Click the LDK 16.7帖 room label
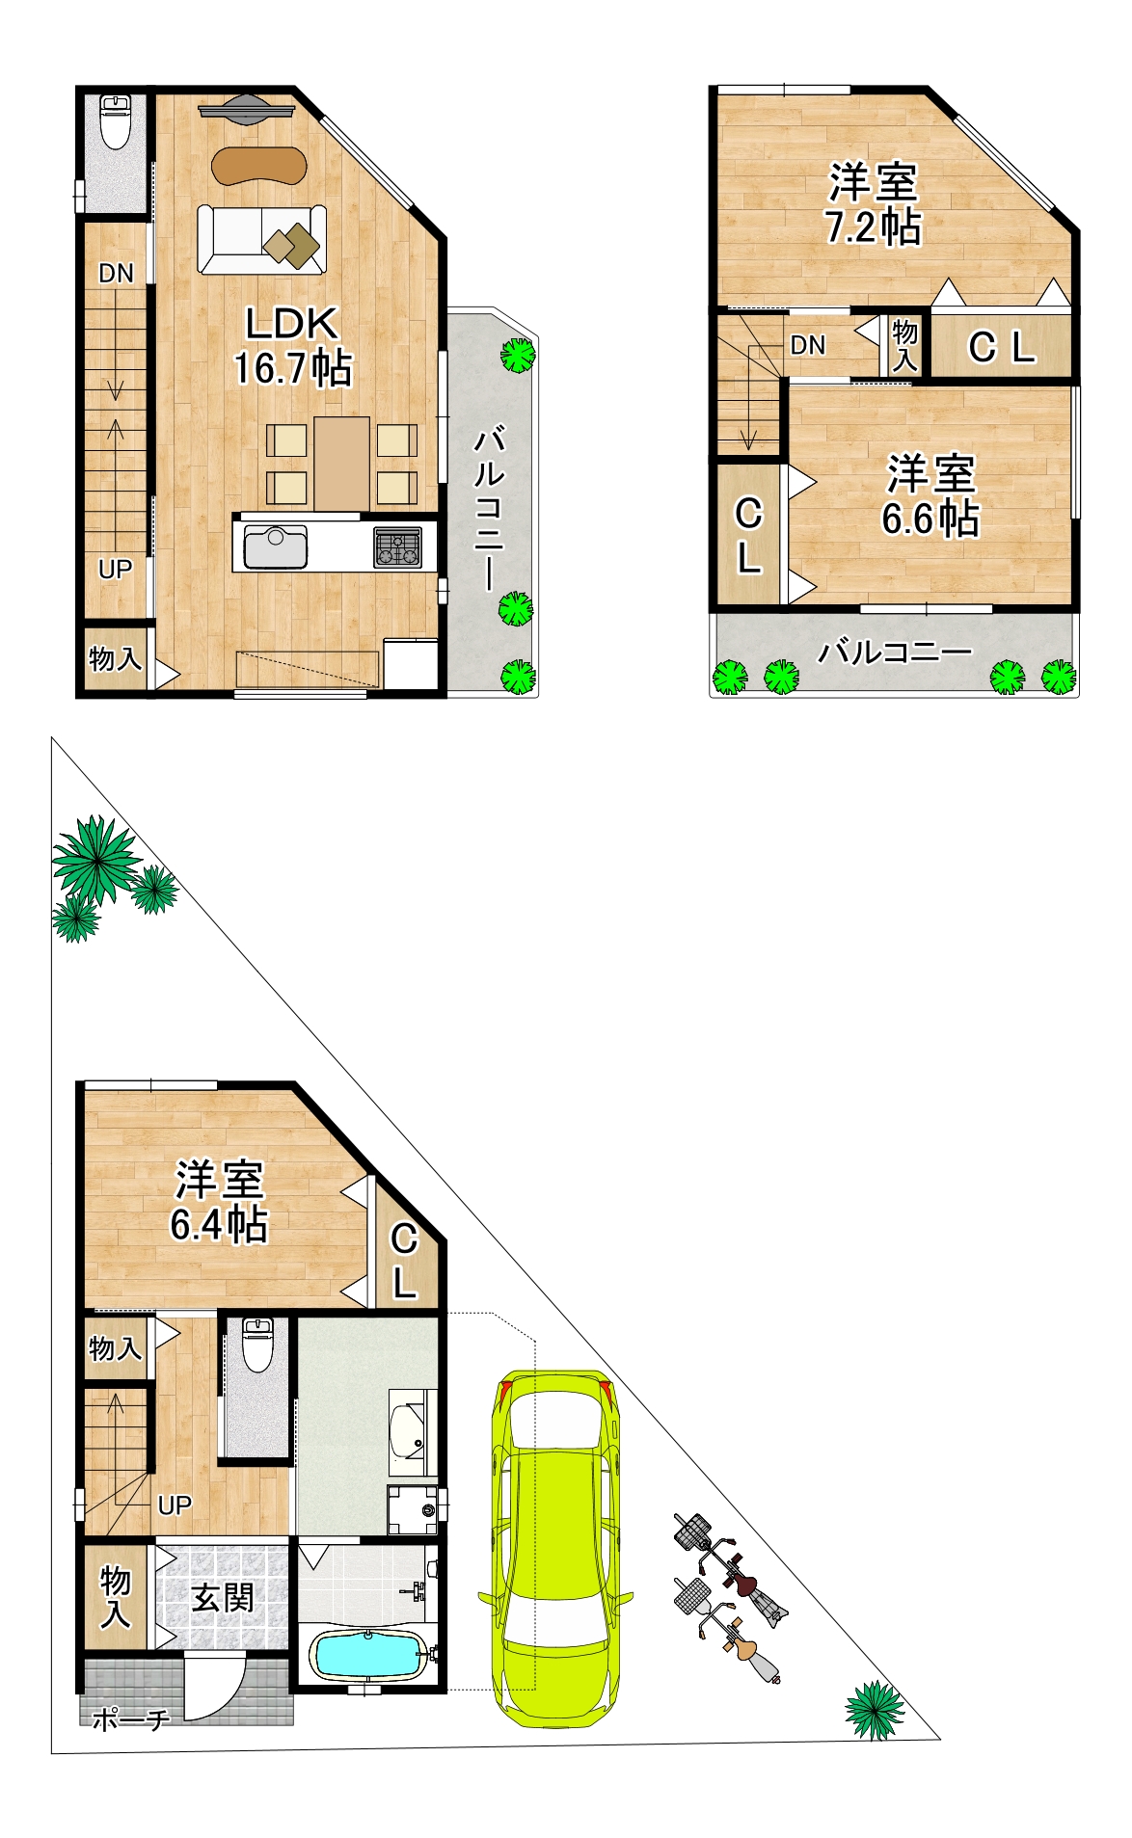pyautogui.click(x=292, y=346)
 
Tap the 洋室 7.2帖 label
pyautogui.click(x=873, y=204)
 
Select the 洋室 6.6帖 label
pyautogui.click(x=930, y=496)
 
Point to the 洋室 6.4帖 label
pyautogui.click(x=219, y=1202)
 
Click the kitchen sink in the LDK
pyautogui.click(x=275, y=546)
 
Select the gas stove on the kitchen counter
pyautogui.click(x=397, y=547)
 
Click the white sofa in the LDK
pyautogui.click(x=262, y=239)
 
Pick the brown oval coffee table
pyautogui.click(x=259, y=165)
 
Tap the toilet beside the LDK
pyautogui.click(x=116, y=120)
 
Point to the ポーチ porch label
pyautogui.click(x=131, y=1718)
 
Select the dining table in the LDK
pyautogui.click(x=341, y=464)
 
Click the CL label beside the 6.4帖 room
pyautogui.click(x=405, y=1261)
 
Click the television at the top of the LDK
pyautogui.click(x=247, y=109)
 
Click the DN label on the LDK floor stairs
pyautogui.click(x=116, y=274)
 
